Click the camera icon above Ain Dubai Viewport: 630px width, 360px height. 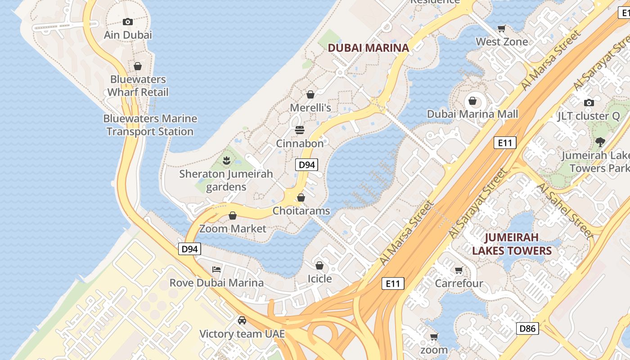tap(128, 22)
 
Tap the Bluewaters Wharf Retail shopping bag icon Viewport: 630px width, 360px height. tap(138, 66)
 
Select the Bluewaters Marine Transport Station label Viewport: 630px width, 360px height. tap(150, 125)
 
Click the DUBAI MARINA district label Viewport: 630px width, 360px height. tap(368, 48)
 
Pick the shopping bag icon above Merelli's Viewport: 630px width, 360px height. tap(310, 94)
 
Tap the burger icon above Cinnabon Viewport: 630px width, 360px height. tap(300, 130)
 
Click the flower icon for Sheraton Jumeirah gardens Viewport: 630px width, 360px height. tap(226, 160)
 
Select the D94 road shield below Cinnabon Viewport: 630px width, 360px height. tap(307, 165)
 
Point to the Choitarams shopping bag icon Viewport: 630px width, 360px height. tap(301, 198)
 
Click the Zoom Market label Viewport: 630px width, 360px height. tap(233, 229)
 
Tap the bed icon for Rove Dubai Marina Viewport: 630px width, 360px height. tap(216, 270)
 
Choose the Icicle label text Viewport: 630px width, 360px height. tap(319, 279)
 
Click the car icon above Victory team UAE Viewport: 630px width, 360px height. tap(242, 320)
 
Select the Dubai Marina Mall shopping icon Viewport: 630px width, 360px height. tap(472, 101)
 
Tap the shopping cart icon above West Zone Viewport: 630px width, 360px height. tap(502, 28)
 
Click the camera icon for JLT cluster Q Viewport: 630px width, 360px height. tap(589, 103)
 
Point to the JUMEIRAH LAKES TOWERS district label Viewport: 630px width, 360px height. tap(512, 244)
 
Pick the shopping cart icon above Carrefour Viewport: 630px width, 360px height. tap(459, 270)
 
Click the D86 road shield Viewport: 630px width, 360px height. tap(527, 328)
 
